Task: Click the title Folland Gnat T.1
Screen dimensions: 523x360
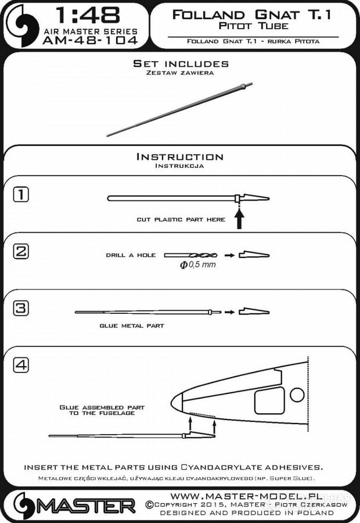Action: click(252, 16)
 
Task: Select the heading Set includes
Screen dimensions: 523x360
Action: click(181, 63)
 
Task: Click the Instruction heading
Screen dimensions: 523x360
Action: click(179, 156)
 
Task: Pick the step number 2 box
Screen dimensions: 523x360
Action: click(20, 252)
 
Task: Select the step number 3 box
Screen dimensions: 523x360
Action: click(20, 308)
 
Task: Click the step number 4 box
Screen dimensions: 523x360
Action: click(20, 365)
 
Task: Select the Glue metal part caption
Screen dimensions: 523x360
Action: click(132, 326)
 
